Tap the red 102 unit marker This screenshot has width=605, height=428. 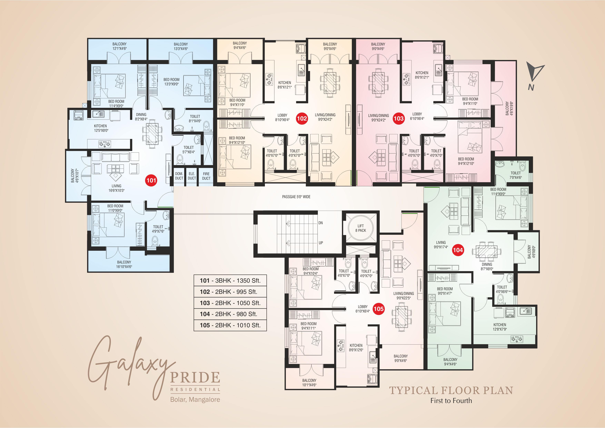302,118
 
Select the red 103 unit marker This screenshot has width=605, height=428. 398,118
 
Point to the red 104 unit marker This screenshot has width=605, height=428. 458,250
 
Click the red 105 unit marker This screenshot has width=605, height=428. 378,309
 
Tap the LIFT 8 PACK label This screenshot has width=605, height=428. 360,228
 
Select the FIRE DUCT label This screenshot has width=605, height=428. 206,176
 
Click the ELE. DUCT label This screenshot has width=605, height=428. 192,176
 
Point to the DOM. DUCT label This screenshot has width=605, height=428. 179,176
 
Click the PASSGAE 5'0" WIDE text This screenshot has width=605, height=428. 296,197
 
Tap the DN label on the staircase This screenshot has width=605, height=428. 320,223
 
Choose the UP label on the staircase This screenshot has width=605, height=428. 321,243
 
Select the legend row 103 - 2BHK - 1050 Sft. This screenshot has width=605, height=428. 230,303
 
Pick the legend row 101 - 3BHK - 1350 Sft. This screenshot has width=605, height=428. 230,281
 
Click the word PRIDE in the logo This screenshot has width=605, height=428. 195,377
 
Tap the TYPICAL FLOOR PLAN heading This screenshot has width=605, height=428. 451,390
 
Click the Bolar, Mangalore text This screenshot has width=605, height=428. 195,400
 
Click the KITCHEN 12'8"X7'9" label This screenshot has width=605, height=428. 500,327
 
